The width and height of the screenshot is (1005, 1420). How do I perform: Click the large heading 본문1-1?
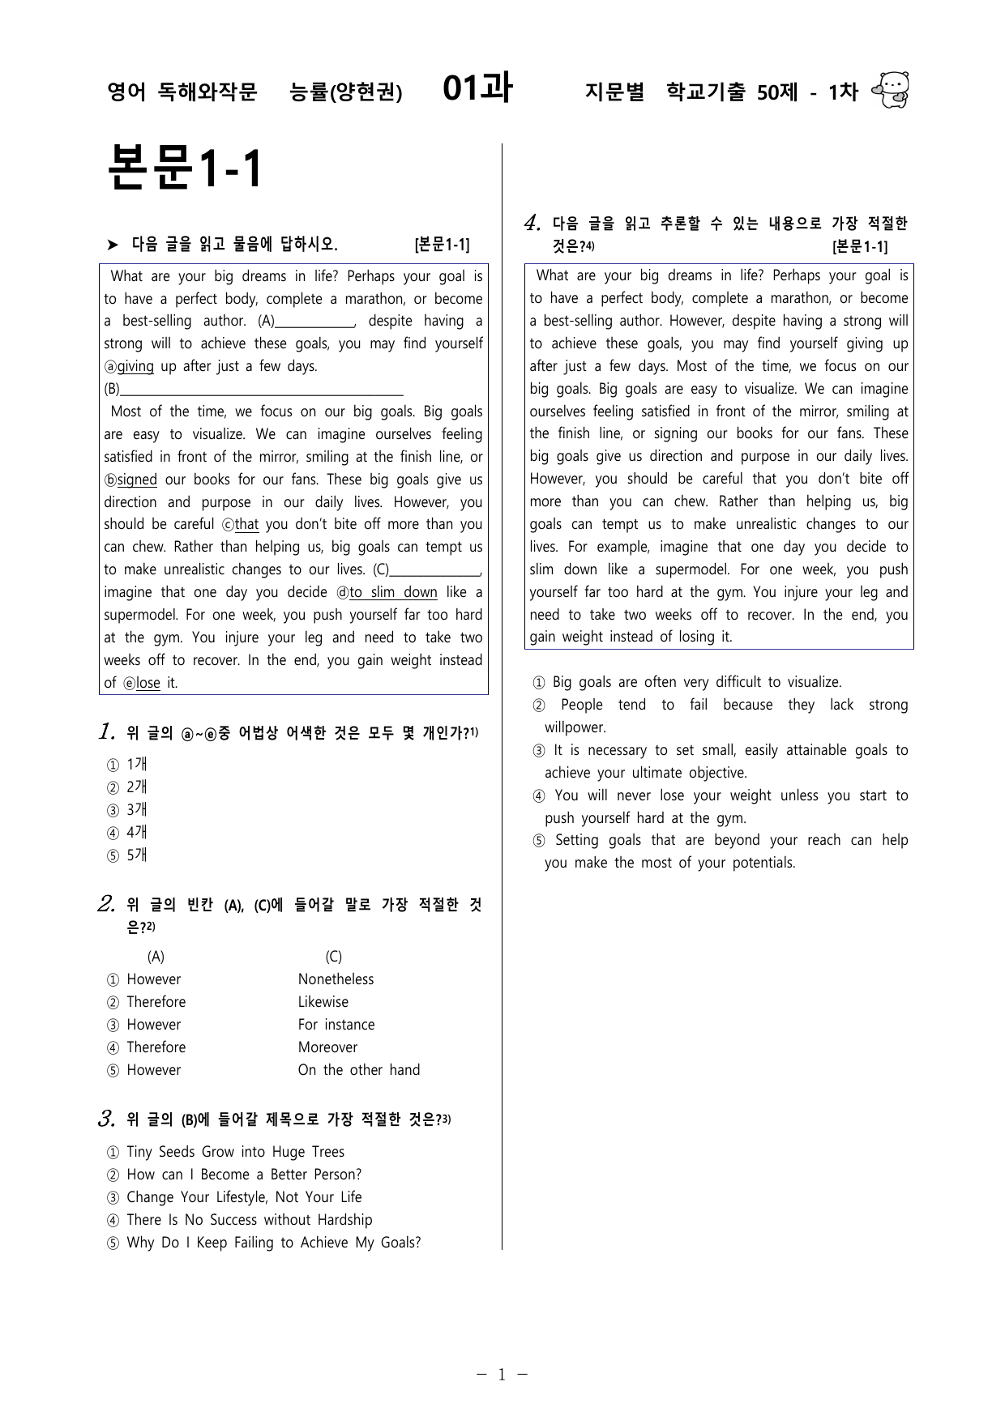click(x=186, y=169)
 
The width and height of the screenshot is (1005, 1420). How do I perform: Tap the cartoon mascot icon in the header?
click(x=891, y=90)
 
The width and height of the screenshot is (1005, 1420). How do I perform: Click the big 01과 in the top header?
click(x=477, y=89)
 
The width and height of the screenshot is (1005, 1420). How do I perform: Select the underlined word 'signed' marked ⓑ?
click(x=137, y=480)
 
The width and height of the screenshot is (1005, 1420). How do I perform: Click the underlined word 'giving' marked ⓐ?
click(x=135, y=366)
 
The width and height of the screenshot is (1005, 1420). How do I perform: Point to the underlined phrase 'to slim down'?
click(x=393, y=592)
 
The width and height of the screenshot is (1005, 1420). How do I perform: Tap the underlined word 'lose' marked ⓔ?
click(x=148, y=683)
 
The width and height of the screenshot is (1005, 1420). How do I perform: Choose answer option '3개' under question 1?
click(x=137, y=809)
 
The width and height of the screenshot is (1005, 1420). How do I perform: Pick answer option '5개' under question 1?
click(x=137, y=855)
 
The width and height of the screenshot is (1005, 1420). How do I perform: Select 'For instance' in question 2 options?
click(x=336, y=1025)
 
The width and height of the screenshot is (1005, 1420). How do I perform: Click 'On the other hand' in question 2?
click(x=359, y=1070)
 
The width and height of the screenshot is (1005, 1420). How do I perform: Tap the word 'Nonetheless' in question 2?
click(x=336, y=979)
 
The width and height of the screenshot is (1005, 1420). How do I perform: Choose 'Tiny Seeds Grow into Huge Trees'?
click(x=235, y=1152)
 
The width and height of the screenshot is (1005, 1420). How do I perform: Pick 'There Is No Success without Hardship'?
click(x=249, y=1220)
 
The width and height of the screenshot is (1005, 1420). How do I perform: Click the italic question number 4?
click(x=532, y=223)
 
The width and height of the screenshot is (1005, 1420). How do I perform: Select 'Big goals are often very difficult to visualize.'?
click(x=697, y=682)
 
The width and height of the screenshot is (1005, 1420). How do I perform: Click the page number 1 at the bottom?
click(x=501, y=1375)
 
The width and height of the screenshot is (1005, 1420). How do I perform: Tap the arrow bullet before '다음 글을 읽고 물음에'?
click(x=113, y=245)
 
